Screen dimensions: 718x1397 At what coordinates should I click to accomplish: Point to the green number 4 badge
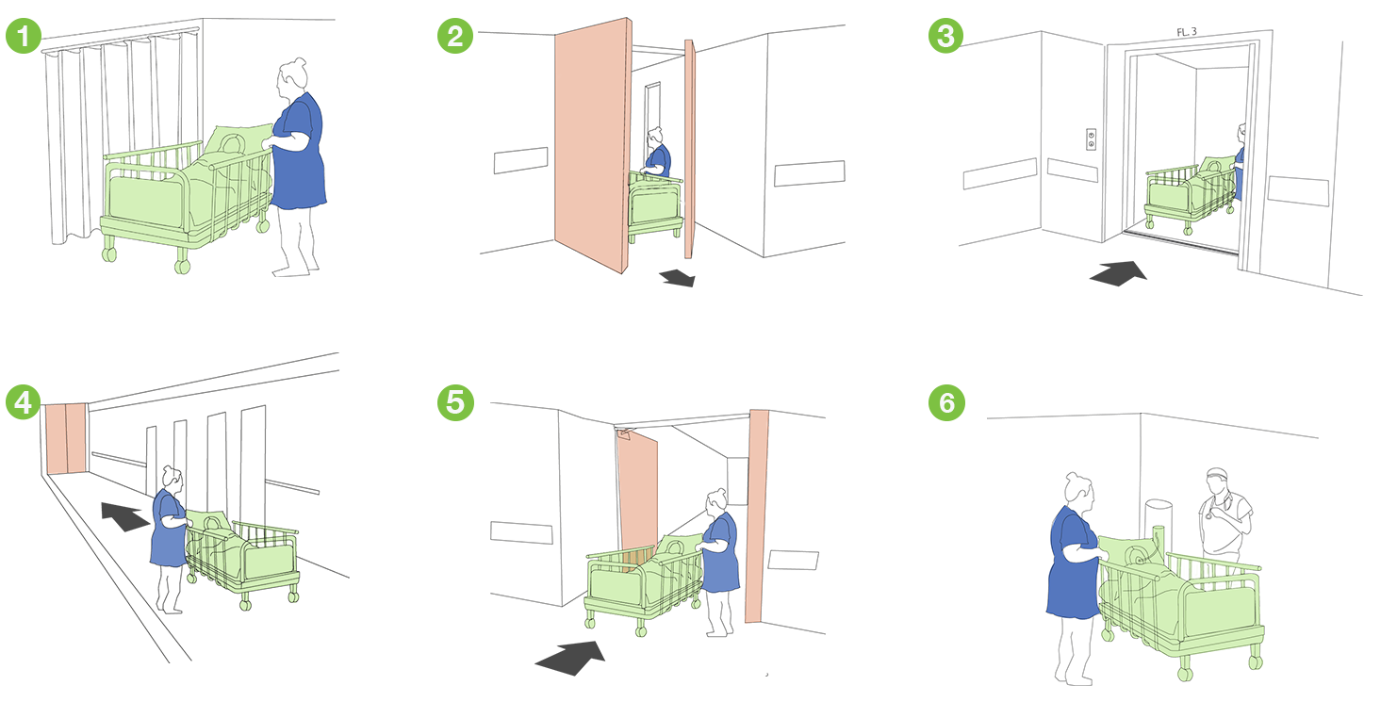(x=23, y=402)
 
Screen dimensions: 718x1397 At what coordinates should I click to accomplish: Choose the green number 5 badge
(x=454, y=402)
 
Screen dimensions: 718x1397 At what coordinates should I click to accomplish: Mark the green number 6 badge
(x=945, y=402)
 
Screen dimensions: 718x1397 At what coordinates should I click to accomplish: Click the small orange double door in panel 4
(x=66, y=436)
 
